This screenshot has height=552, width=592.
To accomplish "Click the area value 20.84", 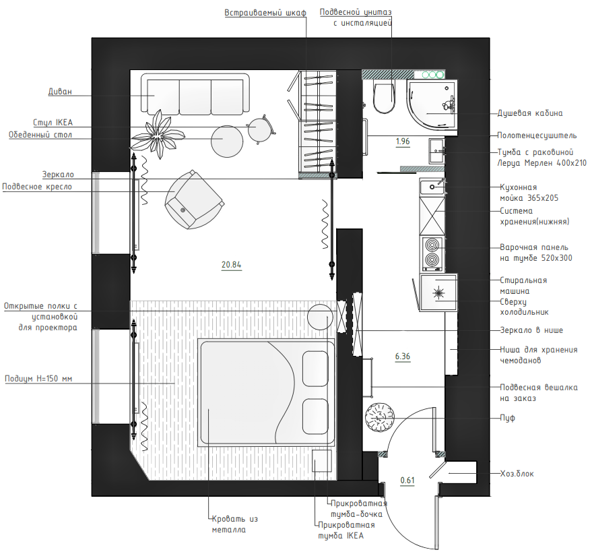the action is [231, 264].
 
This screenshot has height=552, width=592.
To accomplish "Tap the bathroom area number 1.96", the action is [403, 142].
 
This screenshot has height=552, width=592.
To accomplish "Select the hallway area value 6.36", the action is [403, 357].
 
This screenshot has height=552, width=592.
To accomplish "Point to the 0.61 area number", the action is [407, 480].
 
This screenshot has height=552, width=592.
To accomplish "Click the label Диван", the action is [60, 92].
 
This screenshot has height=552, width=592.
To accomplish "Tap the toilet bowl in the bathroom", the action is [384, 97].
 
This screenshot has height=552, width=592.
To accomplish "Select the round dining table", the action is [227, 142].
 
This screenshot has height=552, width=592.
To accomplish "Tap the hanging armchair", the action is [194, 200].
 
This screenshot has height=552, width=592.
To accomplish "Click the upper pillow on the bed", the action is [315, 369].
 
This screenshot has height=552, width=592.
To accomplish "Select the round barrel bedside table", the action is [320, 317].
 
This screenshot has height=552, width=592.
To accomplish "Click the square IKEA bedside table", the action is [322, 460].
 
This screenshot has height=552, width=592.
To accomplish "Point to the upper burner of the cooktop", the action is [432, 245].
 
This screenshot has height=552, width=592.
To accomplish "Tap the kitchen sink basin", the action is [432, 187].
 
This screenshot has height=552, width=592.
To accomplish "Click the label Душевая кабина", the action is [530, 113].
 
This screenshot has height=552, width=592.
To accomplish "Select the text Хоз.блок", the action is [517, 473].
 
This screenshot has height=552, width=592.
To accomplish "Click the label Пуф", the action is [507, 418].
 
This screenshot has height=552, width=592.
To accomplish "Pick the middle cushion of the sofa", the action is [195, 97].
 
